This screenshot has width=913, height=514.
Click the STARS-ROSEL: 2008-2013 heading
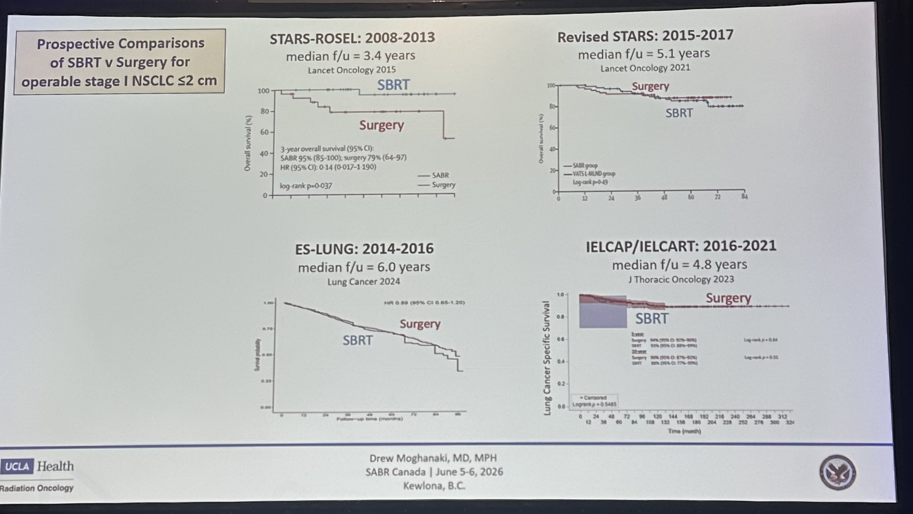coord(352,37)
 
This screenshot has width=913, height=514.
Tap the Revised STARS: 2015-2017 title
coord(645,36)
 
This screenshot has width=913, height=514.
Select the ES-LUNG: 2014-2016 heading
coord(364,248)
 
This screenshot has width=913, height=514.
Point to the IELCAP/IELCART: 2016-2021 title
coord(681,246)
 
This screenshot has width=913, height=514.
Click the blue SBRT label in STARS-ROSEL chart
coord(393,85)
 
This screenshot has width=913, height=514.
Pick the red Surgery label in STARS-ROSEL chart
coord(381,125)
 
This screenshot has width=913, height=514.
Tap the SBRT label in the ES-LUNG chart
coord(357,340)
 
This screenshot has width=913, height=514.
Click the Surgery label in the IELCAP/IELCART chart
coord(728,298)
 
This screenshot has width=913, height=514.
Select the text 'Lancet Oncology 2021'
coord(645,68)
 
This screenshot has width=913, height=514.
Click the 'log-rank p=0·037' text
coord(306,186)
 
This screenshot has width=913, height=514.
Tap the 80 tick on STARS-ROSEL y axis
coord(265,111)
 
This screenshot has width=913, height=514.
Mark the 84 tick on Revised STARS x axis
coord(744,196)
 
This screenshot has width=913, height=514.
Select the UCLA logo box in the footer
coord(17,467)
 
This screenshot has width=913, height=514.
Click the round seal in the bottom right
coord(837,473)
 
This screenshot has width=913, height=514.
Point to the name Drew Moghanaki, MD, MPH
coord(432,458)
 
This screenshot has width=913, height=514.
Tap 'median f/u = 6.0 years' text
coord(364,267)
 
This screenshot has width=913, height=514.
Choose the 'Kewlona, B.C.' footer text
coord(434,485)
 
